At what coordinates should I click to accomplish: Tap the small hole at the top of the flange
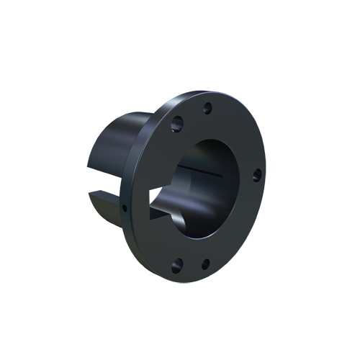click(207, 109)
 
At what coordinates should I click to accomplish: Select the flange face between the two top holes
click(192, 118)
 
